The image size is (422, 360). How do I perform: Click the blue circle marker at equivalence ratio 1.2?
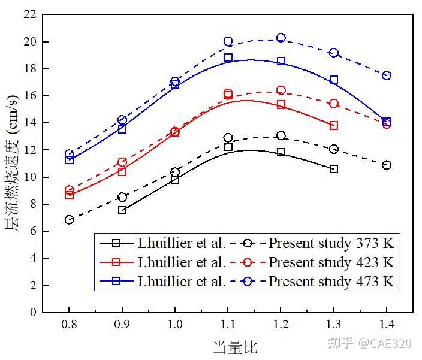pos(281,38)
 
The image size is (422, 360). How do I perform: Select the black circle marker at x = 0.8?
pos(70,220)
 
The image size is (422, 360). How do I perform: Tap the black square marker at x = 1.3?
pos(334,169)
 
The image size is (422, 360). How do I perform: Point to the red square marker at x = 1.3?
pos(334,125)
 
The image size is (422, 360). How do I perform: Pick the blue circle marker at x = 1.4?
pos(387,75)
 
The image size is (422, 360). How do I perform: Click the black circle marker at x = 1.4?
pos(387,165)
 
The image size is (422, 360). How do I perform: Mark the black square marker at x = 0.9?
pos(122,210)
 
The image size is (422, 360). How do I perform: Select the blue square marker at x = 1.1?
pos(228,58)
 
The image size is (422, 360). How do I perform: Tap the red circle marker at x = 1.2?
pos(281,90)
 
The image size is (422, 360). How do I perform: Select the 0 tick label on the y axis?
pos(35,312)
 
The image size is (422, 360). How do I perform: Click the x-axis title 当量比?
pos(235,347)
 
